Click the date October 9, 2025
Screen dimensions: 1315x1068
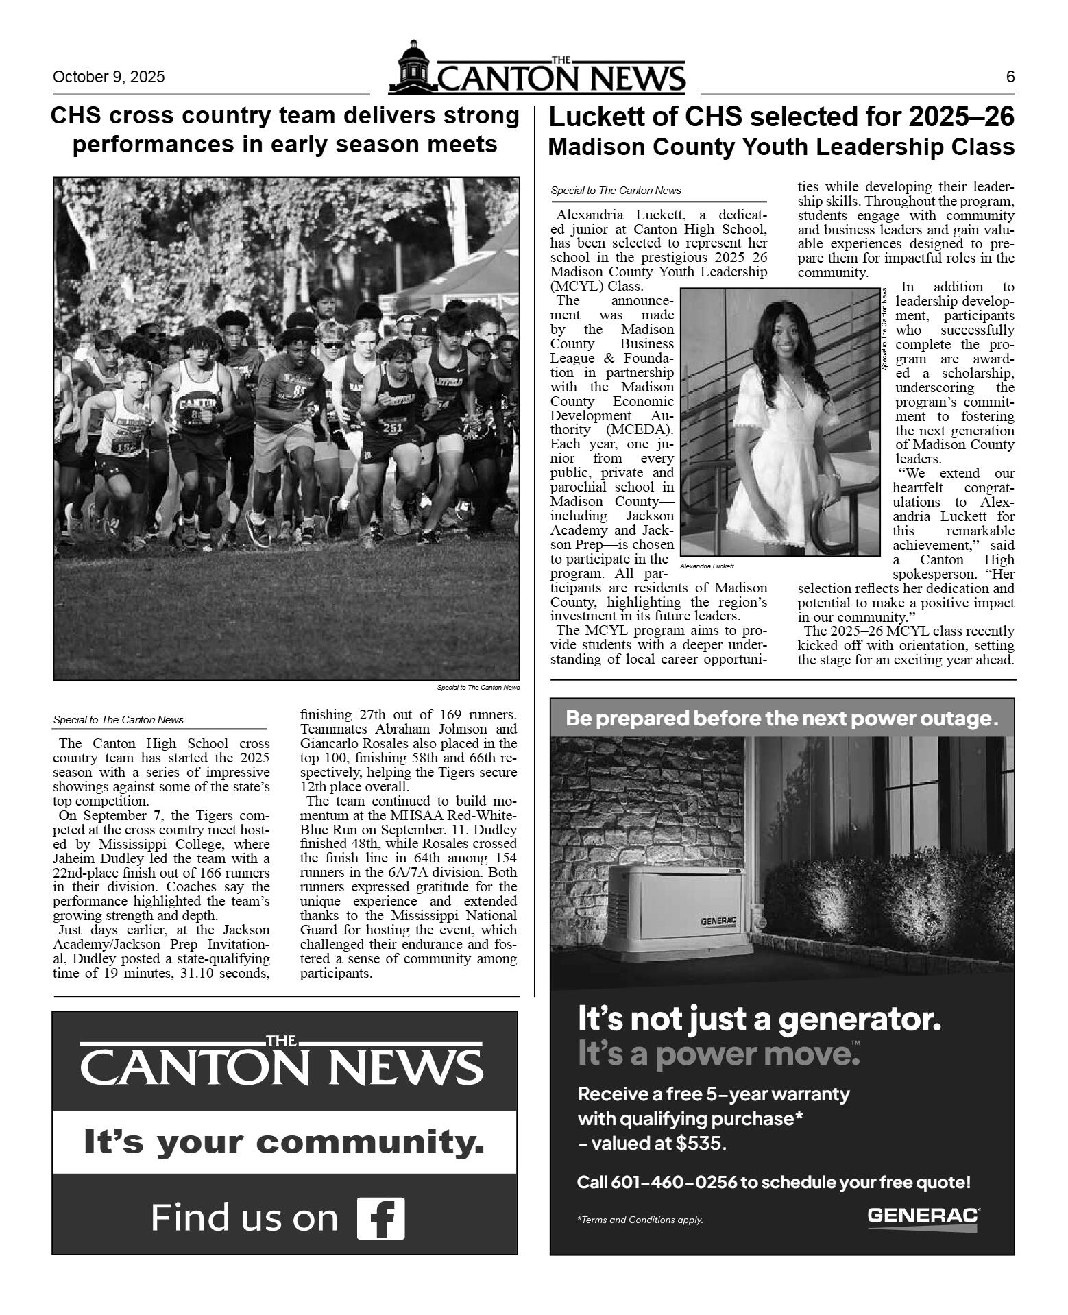108,77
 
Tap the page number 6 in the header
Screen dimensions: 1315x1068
1010,77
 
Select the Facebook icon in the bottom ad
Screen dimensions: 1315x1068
381,1218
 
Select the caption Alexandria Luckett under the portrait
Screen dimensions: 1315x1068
707,566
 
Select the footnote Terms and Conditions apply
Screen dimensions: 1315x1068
641,1220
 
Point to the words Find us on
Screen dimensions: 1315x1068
244,1218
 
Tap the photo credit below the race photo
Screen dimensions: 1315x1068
478,687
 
